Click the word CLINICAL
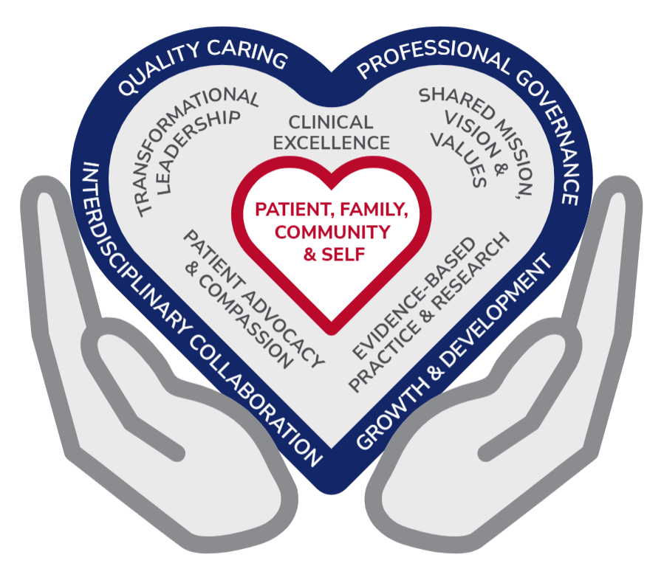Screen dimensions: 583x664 (331, 121)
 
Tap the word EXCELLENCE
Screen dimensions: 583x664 (331, 142)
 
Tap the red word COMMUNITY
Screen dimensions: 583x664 (332, 232)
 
